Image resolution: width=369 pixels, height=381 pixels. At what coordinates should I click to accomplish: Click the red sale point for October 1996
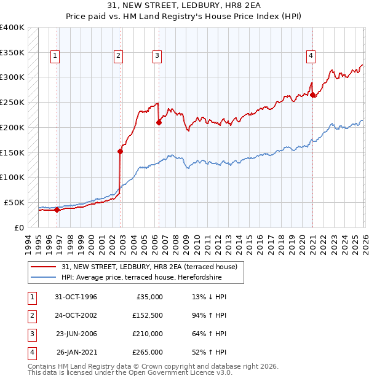(x=57, y=210)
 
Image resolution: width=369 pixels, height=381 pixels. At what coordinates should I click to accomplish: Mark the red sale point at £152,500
(x=121, y=151)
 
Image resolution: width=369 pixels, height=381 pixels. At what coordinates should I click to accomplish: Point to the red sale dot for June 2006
(x=159, y=122)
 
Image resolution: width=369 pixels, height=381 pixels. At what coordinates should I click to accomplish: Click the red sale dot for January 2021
(x=313, y=95)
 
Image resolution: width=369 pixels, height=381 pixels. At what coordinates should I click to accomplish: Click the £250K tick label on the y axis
(x=12, y=102)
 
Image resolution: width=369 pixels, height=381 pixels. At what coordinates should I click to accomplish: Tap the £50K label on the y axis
(x=14, y=202)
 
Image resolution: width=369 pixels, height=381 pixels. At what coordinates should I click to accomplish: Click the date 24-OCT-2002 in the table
(x=76, y=315)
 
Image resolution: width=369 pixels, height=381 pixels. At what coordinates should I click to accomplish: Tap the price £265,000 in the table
(x=148, y=352)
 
